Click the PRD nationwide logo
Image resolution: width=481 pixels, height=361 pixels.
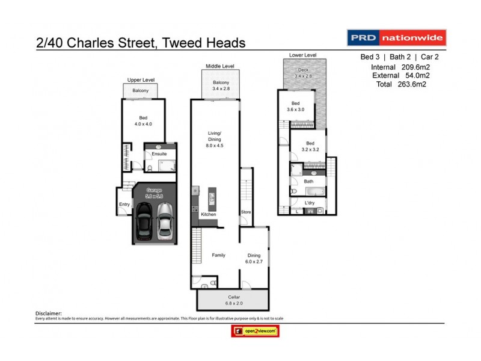coord(396,38)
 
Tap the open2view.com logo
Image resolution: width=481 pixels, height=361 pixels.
coord(256,331)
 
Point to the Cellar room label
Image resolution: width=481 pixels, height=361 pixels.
coord(234,297)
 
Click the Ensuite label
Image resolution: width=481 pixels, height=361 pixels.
coord(159,154)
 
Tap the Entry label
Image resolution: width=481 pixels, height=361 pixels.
coord(124,205)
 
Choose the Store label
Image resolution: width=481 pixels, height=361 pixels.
coord(246,212)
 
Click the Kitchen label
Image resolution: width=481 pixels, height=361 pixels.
coord(208,214)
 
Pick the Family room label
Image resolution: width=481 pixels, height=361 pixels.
coord(218,255)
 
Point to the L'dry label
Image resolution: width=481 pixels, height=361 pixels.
coord(310,203)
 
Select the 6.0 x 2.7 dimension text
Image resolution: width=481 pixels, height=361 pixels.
coord(254,261)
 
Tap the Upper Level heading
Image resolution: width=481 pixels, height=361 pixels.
coord(140,79)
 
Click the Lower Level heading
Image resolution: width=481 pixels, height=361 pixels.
coord(302,55)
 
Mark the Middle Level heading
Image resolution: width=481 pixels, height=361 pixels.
coord(219,66)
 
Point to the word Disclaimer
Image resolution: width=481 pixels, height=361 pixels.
coord(49,313)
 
